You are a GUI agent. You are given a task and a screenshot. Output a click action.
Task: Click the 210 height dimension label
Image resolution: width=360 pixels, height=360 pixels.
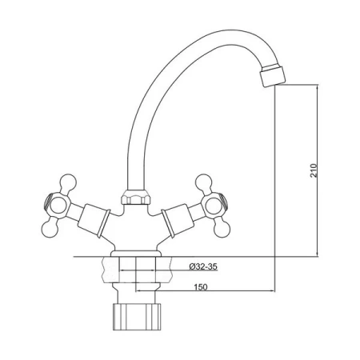click(x=314, y=170)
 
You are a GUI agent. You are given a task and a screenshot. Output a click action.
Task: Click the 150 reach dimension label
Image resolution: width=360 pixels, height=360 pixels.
click(x=201, y=287)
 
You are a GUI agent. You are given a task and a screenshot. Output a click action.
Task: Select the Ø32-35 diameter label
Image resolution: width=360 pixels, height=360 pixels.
click(x=203, y=266)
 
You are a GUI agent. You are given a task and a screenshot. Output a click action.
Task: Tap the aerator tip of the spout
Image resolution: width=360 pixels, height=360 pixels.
click(x=273, y=75)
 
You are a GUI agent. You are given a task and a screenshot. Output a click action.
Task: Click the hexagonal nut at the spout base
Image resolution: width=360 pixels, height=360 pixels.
click(x=136, y=197)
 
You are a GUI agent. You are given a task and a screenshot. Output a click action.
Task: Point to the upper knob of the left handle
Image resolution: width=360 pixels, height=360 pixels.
click(x=68, y=182)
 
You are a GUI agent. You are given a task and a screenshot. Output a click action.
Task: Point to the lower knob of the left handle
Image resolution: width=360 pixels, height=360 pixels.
click(x=50, y=229)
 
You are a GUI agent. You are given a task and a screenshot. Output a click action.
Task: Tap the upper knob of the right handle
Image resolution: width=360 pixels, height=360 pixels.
click(x=204, y=182)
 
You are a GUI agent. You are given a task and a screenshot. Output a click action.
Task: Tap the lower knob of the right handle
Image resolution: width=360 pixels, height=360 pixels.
click(x=222, y=229)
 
